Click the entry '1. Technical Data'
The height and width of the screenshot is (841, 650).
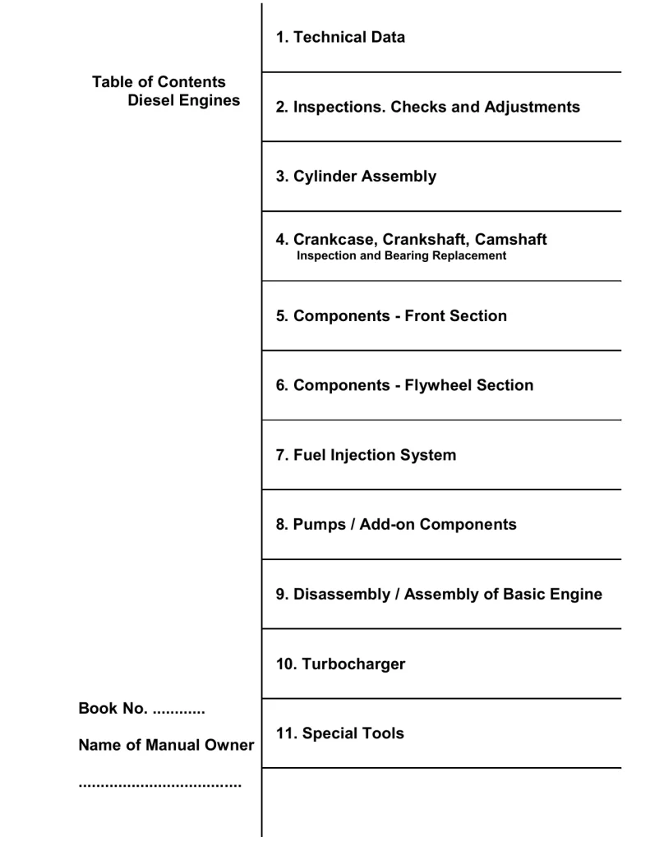(x=340, y=37)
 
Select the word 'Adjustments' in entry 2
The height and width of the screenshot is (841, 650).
(x=529, y=107)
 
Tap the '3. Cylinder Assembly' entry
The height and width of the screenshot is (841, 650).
(x=356, y=177)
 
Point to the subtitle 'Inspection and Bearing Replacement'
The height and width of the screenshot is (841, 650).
(x=401, y=255)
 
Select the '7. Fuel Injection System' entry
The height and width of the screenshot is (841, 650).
(x=366, y=455)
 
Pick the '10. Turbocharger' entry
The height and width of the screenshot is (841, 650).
(x=340, y=664)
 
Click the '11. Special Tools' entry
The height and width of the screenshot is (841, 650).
(x=339, y=733)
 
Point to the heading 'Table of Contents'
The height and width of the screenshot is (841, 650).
(x=159, y=82)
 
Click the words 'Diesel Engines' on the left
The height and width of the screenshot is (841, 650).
(x=184, y=100)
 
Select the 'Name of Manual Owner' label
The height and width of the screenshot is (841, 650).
(x=166, y=746)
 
